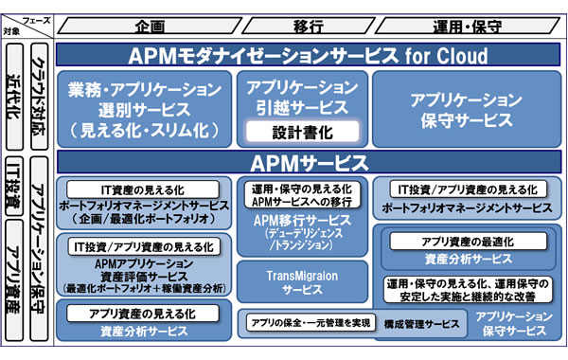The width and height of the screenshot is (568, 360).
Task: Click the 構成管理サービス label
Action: click(x=425, y=324)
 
